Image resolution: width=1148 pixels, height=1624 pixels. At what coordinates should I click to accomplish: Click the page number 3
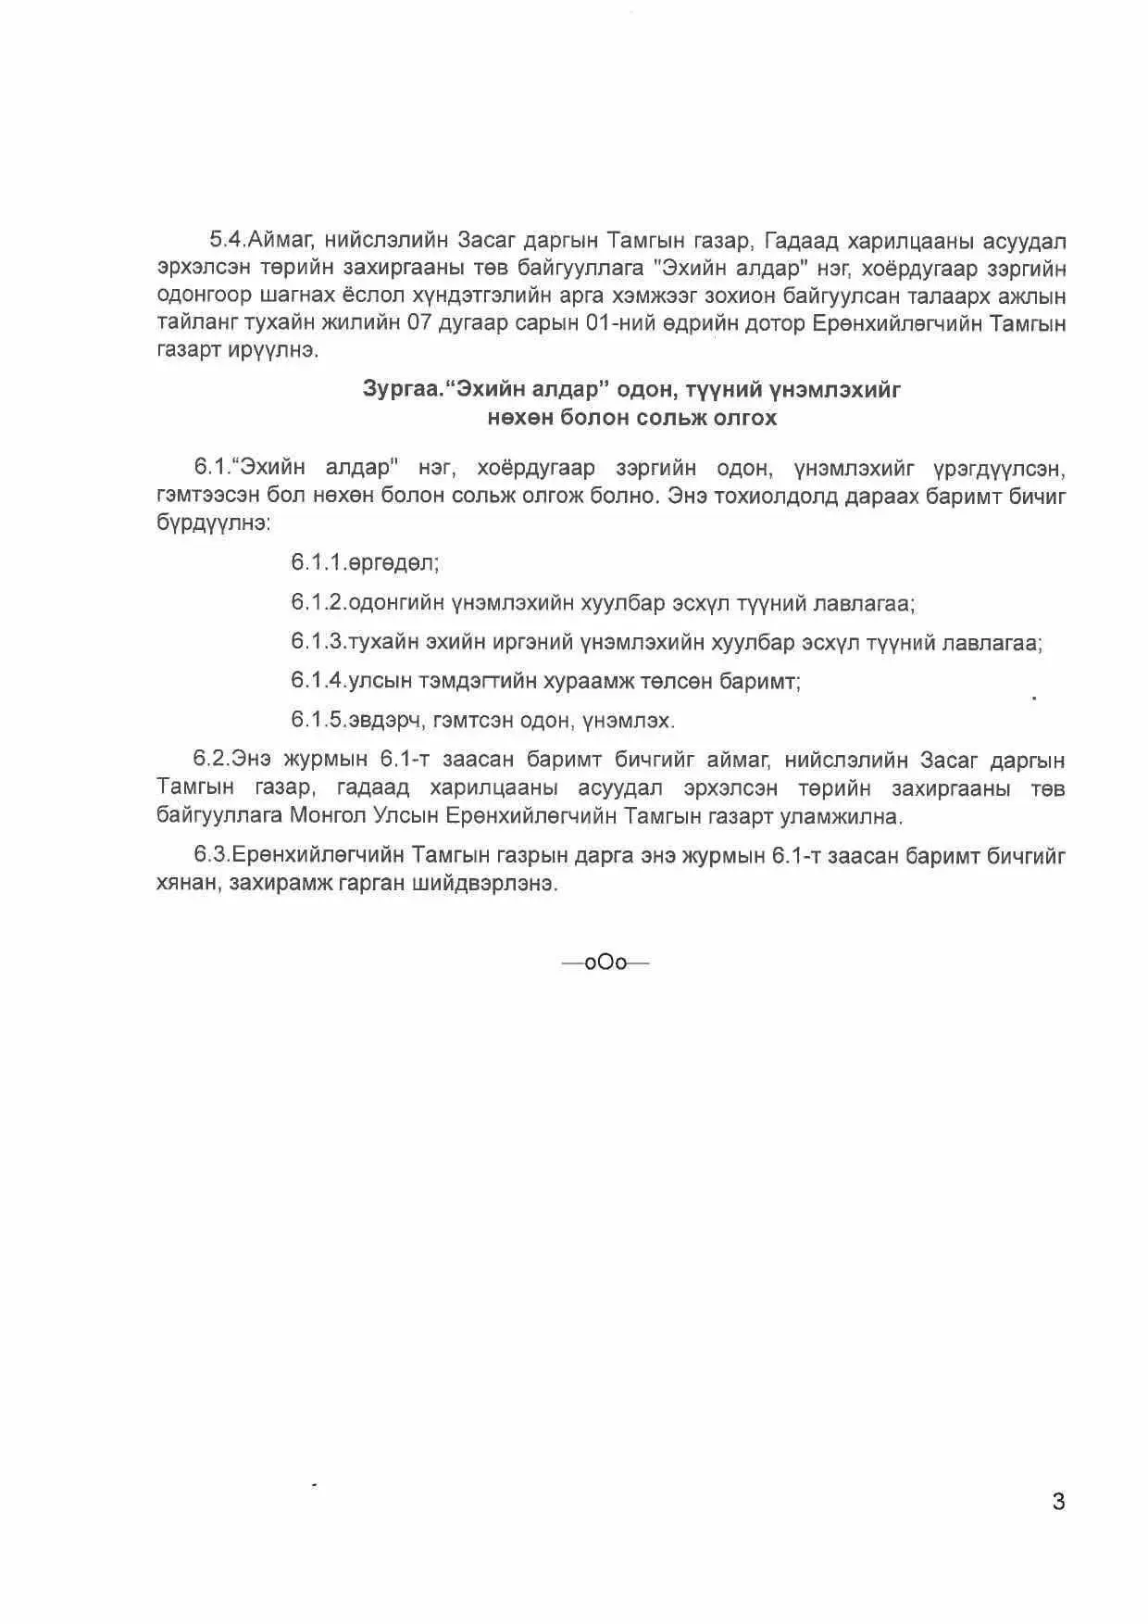[x=1058, y=1502]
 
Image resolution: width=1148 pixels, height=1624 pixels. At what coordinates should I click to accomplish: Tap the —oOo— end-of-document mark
[x=605, y=963]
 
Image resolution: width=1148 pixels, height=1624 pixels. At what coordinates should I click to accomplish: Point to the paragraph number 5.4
[x=227, y=241]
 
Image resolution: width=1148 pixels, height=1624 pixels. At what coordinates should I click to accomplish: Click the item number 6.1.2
[x=318, y=603]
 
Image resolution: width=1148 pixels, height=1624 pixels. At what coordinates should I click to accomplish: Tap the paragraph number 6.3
[x=211, y=855]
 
